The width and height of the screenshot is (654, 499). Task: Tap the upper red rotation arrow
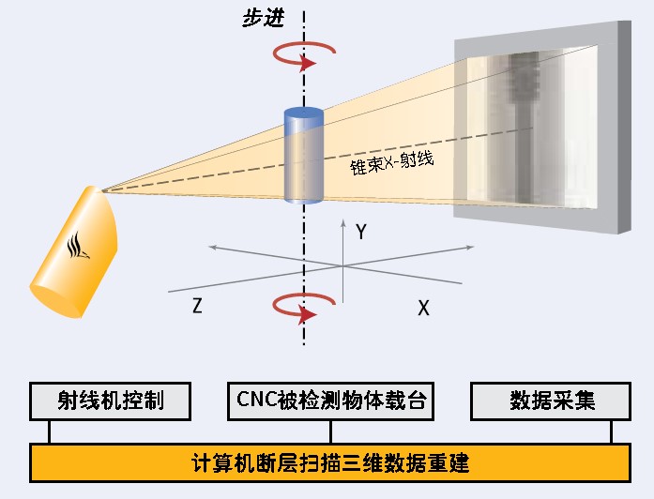point(303,55)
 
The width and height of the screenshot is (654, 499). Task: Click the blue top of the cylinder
point(303,114)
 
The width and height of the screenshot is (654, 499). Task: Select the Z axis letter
point(197,306)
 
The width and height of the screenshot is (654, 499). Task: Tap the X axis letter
point(423,308)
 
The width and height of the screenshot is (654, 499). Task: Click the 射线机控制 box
point(111,401)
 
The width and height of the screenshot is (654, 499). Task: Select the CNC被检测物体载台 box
point(330,401)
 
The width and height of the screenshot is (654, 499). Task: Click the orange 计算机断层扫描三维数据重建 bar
point(329,462)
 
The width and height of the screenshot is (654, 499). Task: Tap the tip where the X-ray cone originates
point(103,190)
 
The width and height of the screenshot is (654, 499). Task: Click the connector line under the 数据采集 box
point(612,431)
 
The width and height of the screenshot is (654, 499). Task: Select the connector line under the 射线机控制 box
point(49,431)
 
